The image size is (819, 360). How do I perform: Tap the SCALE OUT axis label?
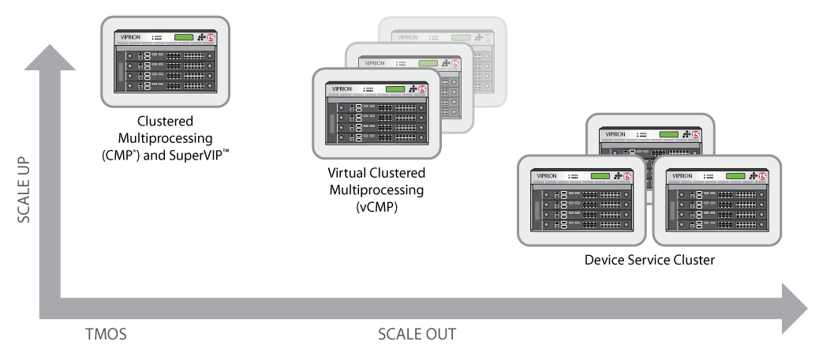[x=417, y=335]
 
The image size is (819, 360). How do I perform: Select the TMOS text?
[x=106, y=335]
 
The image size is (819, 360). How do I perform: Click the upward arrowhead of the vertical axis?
[x=50, y=58]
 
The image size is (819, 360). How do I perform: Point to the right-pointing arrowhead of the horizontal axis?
[x=795, y=308]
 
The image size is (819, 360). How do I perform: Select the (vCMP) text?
[x=376, y=207]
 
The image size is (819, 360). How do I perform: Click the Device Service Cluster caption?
[x=649, y=260]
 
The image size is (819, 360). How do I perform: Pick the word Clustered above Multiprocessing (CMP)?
[x=165, y=122]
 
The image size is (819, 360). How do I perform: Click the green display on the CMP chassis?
[x=184, y=38]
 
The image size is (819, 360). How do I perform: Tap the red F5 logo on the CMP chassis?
[x=211, y=38]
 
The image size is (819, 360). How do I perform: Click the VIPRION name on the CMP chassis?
[x=130, y=38]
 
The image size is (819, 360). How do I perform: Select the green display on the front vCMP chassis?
[x=395, y=89]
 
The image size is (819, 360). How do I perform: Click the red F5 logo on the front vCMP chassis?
[x=423, y=89]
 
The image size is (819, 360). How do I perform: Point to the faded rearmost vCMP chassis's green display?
[x=461, y=38]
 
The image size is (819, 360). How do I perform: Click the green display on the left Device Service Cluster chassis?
[x=600, y=176]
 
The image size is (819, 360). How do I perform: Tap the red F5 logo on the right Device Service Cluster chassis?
[x=763, y=176]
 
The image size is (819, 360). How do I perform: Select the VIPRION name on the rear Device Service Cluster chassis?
[x=615, y=134]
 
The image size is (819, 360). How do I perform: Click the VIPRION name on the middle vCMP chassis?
[x=375, y=63]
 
